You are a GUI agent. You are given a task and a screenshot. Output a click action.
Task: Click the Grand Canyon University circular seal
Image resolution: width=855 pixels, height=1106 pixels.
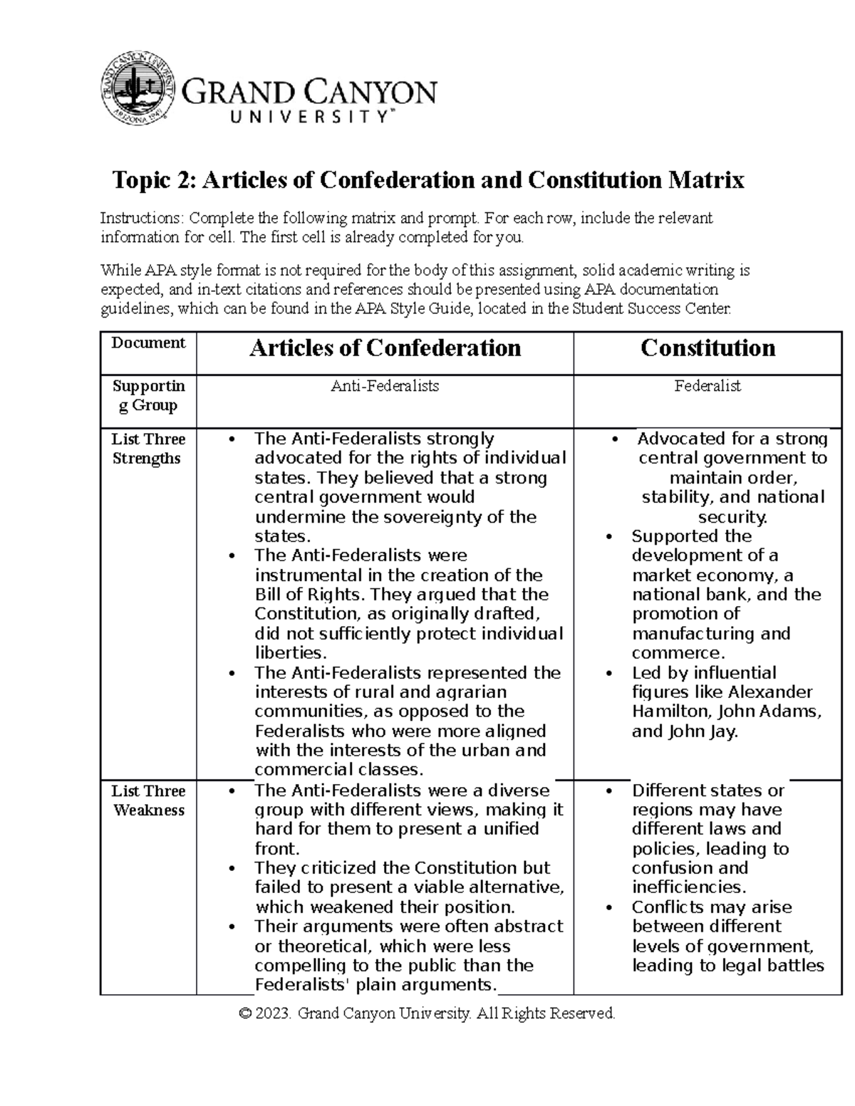pos(138,88)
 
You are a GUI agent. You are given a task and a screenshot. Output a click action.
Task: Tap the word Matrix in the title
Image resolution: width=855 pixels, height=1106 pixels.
pos(705,180)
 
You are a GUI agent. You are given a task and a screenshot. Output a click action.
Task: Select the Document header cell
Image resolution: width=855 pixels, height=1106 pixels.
pos(148,343)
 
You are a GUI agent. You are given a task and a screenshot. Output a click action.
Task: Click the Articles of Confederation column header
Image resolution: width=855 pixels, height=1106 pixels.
pos(385,348)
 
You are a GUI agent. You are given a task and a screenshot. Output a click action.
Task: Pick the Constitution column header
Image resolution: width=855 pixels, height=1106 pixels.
pos(708,348)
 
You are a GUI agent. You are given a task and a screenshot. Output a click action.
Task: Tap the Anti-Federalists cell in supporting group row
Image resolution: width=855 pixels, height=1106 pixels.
pos(385,386)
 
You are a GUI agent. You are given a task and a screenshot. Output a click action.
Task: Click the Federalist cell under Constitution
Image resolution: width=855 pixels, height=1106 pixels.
pos(708,386)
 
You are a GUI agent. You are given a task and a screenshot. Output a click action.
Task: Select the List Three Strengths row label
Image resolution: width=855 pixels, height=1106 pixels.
pos(148,449)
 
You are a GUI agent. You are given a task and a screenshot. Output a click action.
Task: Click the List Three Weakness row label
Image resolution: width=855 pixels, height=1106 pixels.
pos(148,800)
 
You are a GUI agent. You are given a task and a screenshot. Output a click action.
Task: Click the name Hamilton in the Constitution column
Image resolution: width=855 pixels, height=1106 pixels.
pos(670,711)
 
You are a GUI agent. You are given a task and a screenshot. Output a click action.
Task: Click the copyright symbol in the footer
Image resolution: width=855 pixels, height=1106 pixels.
pos(246,1013)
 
